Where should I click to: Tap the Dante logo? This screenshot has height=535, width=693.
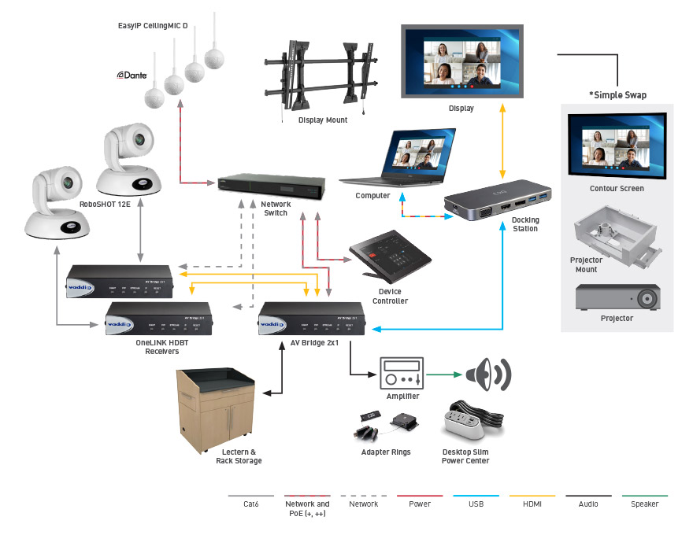point(132,75)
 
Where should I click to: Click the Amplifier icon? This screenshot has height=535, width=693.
point(402,372)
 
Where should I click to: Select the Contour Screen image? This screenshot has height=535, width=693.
point(617,146)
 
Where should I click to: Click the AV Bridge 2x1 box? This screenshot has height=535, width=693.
point(313,319)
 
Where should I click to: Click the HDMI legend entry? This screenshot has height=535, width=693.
point(532,504)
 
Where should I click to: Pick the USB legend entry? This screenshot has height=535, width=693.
point(476,504)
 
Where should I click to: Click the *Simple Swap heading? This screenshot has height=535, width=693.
point(617,95)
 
